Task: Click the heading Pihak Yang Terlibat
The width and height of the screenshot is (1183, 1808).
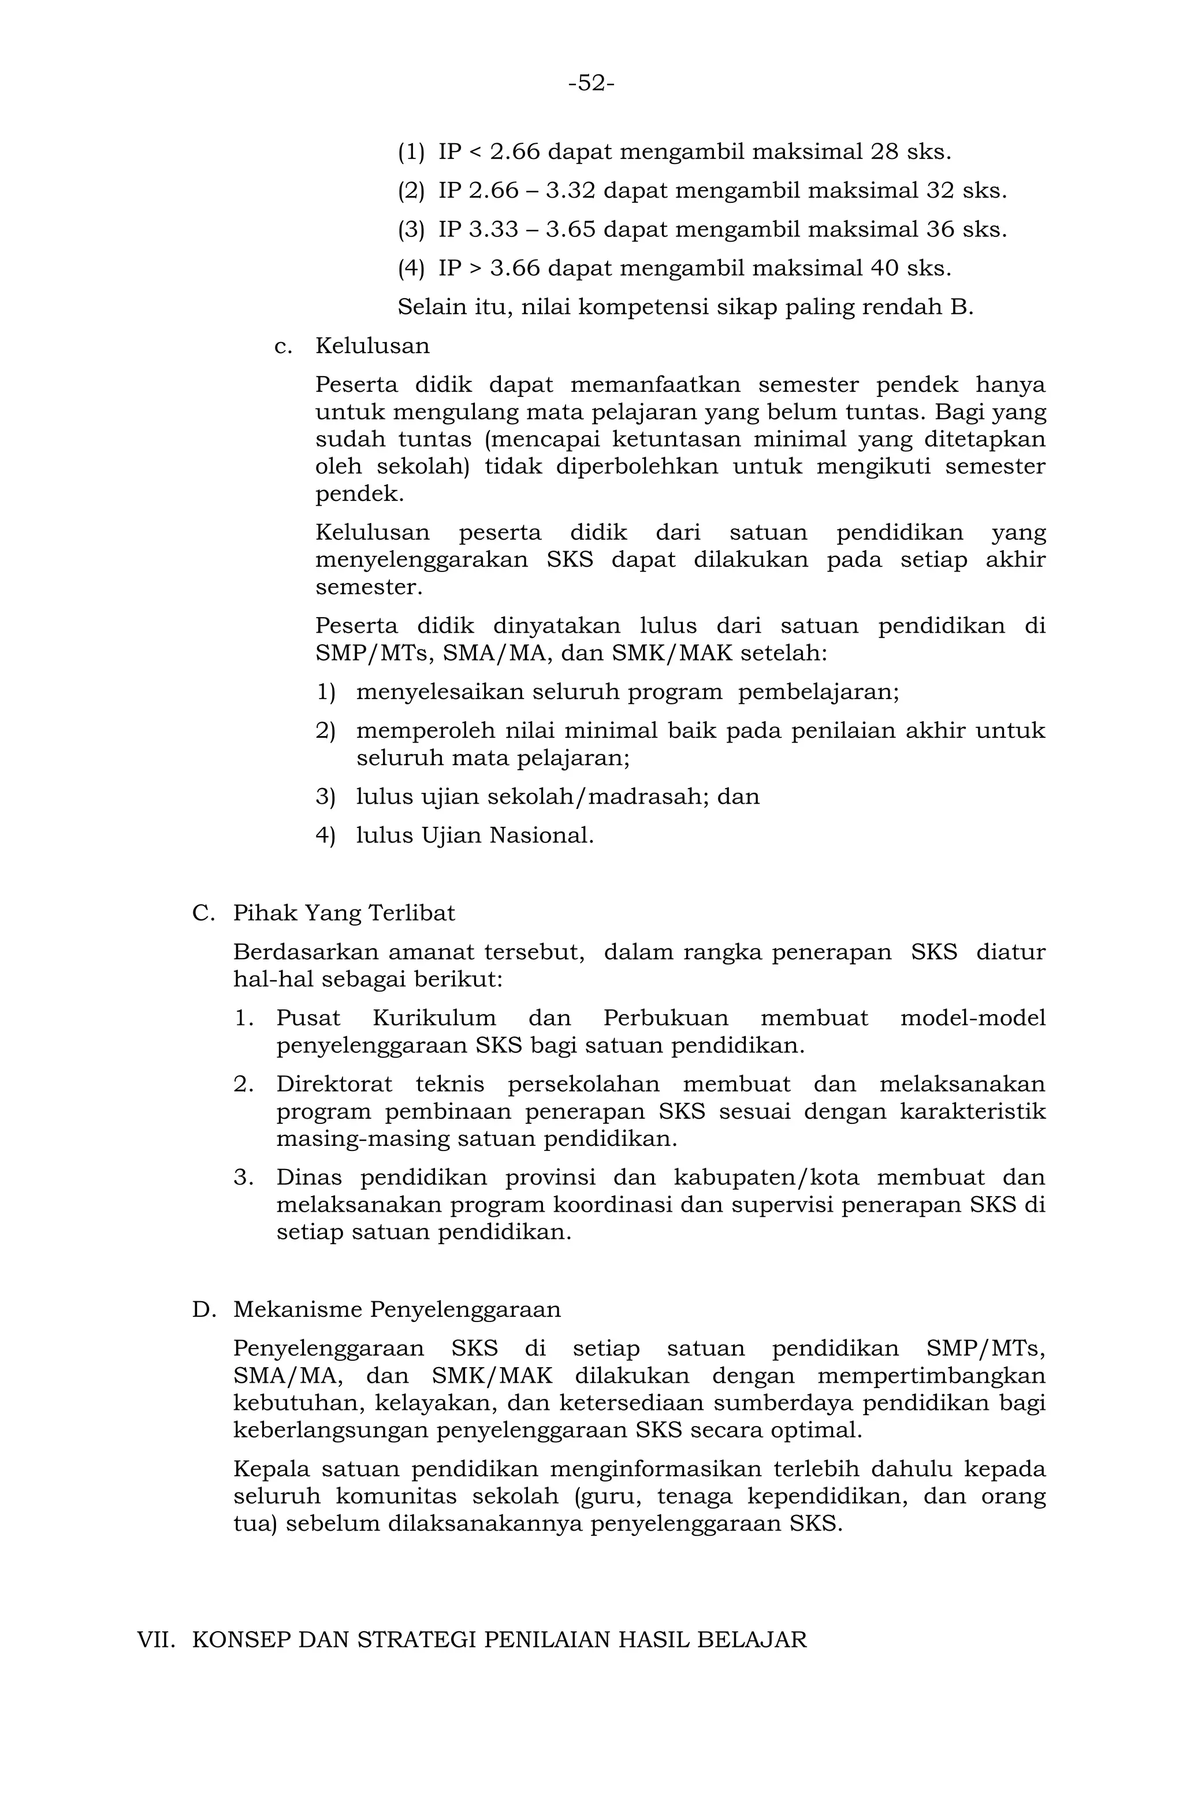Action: [x=344, y=912]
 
